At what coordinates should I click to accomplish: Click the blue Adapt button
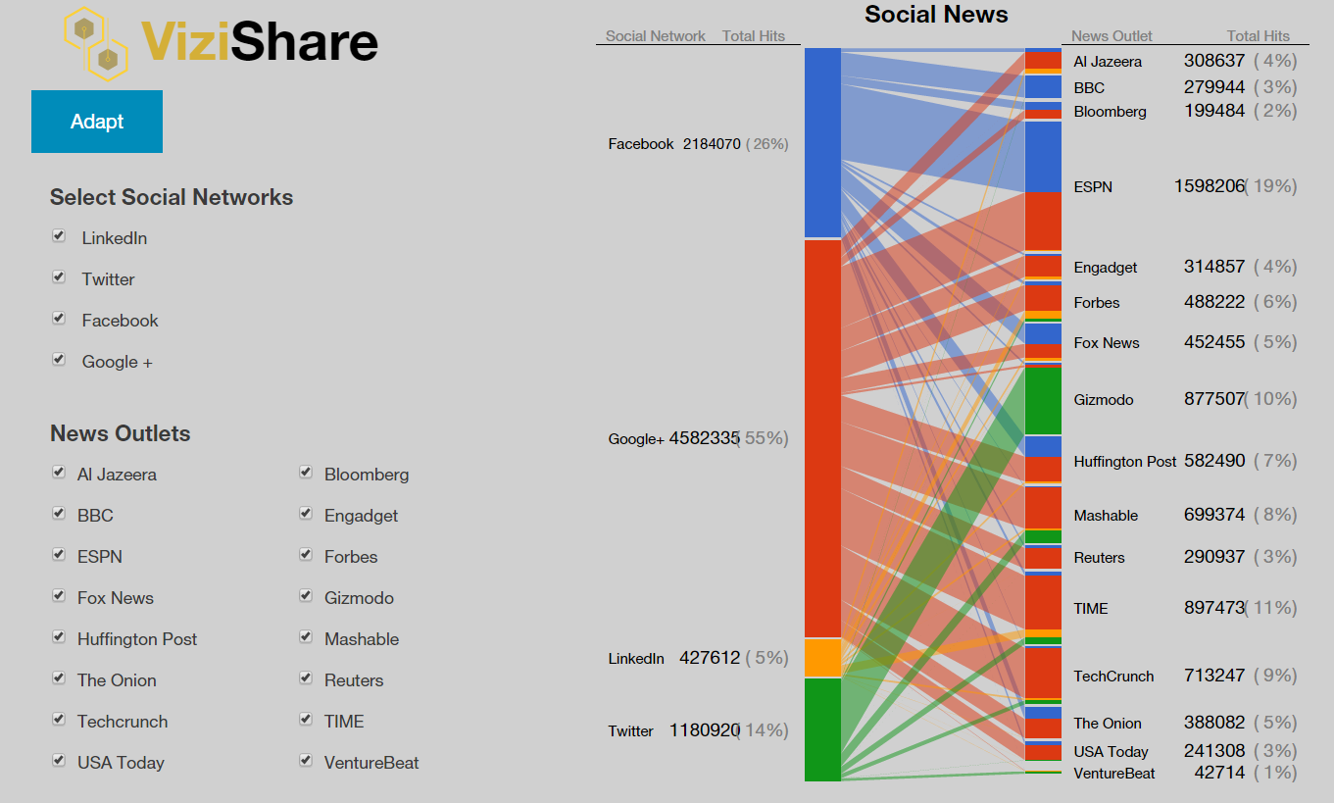[x=97, y=122]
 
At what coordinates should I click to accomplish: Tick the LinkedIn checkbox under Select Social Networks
[x=59, y=236]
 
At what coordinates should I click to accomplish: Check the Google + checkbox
[x=59, y=360]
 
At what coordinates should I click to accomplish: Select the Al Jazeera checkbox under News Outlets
[x=59, y=473]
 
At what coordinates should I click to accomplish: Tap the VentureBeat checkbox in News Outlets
[x=306, y=761]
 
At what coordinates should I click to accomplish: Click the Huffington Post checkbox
[x=59, y=637]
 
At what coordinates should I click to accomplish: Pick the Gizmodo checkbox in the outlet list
[x=306, y=596]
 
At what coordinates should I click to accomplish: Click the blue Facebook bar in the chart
[x=822, y=142]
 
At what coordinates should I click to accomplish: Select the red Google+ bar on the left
[x=822, y=438]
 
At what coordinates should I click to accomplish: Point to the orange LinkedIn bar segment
[x=822, y=658]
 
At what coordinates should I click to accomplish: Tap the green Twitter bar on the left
[x=822, y=729]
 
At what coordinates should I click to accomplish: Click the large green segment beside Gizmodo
[x=1043, y=400]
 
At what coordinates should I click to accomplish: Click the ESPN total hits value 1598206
[x=1209, y=186]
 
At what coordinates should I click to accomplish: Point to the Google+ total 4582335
[x=704, y=438]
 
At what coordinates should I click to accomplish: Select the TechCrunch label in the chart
[x=1113, y=677]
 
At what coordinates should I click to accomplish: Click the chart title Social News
[x=936, y=15]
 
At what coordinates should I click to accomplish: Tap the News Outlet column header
[x=1112, y=36]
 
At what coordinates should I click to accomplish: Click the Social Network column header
[x=655, y=36]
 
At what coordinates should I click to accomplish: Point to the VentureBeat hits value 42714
[x=1219, y=773]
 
